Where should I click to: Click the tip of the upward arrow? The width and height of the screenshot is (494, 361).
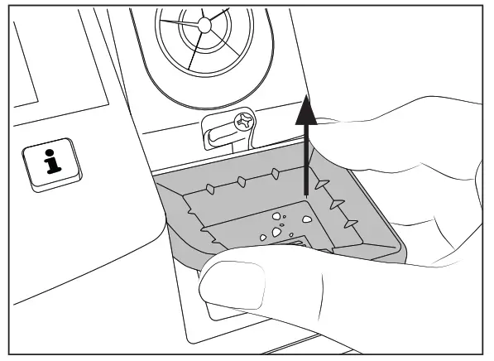pyautogui.click(x=308, y=95)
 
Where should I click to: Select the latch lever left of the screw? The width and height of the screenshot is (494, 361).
pyautogui.click(x=217, y=133)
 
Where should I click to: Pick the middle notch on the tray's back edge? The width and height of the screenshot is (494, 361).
pyautogui.click(x=240, y=180)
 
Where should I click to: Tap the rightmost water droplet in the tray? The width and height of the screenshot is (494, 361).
pyautogui.click(x=306, y=219)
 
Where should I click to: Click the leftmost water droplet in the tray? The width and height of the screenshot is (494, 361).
pyautogui.click(x=263, y=238)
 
